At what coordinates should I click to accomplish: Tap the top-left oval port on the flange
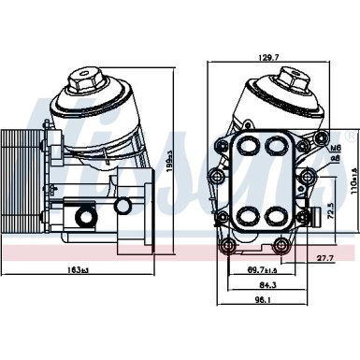(x=251, y=147)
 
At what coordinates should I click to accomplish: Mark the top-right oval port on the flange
(x=277, y=147)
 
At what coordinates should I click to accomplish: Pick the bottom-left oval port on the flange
(x=251, y=216)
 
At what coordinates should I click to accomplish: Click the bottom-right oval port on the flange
(x=277, y=216)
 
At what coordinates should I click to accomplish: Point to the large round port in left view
(x=85, y=219)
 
